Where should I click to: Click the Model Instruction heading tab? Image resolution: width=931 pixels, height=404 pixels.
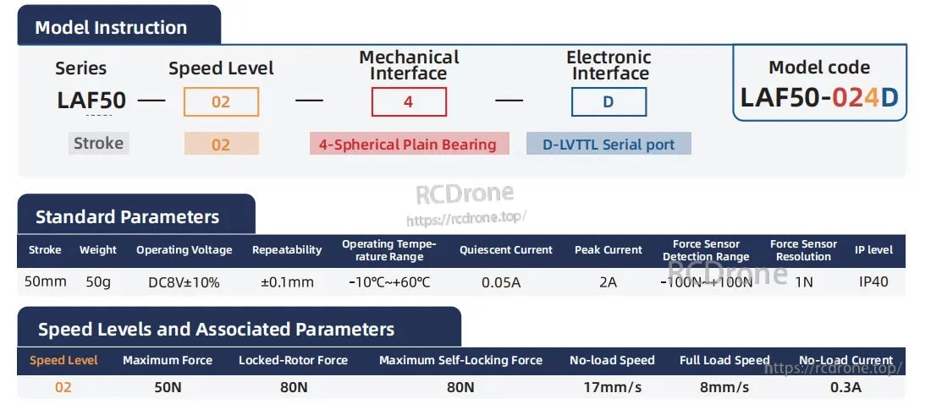(x=111, y=27)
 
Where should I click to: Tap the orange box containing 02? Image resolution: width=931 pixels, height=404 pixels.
(x=221, y=102)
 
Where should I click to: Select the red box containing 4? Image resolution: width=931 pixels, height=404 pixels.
(x=409, y=102)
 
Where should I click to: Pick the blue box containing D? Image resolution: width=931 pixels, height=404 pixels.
(x=609, y=102)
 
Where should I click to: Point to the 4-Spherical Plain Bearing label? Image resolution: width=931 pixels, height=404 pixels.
(x=409, y=145)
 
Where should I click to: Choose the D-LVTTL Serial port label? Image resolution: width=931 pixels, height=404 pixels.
(x=609, y=145)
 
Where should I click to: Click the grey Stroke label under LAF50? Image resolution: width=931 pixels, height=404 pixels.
(x=98, y=143)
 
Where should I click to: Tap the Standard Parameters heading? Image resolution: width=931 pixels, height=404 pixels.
(x=127, y=217)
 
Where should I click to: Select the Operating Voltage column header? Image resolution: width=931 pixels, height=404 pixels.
(x=184, y=250)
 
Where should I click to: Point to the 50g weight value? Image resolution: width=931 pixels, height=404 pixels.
(x=98, y=282)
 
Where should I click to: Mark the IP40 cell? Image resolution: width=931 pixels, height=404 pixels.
(x=873, y=282)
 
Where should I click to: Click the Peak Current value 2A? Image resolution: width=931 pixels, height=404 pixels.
(x=608, y=282)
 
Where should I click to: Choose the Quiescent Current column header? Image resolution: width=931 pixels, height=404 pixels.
(x=505, y=250)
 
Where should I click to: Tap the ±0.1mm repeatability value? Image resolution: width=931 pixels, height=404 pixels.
(x=287, y=282)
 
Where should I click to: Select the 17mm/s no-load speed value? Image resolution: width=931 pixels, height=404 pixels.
(x=612, y=388)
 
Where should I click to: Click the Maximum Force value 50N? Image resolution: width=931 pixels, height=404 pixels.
(x=168, y=388)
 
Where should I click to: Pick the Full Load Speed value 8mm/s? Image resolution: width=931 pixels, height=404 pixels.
(x=725, y=388)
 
